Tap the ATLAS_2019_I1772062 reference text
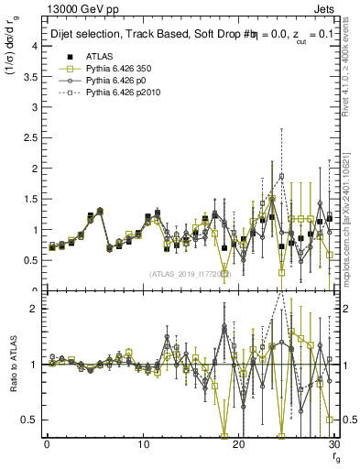(191, 274)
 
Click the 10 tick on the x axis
(143, 444)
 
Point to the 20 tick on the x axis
(239, 444)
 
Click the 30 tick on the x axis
(334, 444)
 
